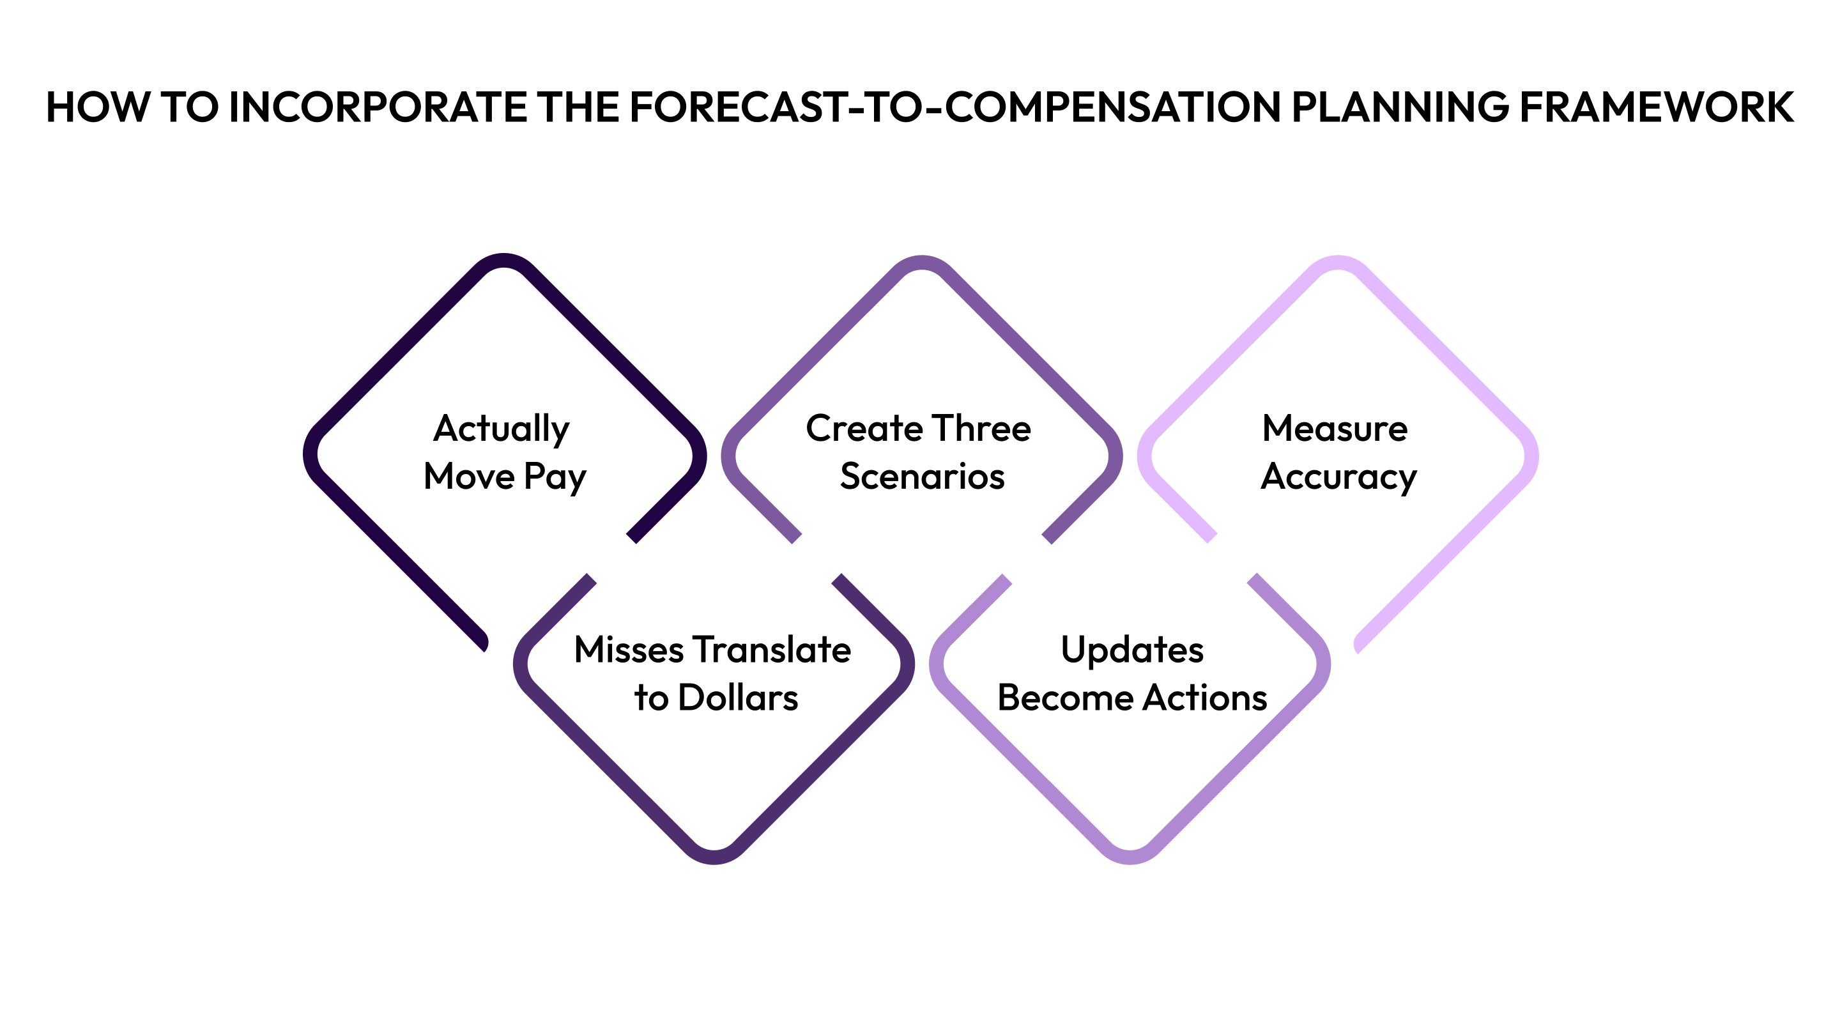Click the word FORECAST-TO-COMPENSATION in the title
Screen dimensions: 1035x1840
tap(955, 107)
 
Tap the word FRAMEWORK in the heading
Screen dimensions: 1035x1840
tap(1656, 107)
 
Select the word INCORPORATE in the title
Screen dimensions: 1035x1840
tap(377, 107)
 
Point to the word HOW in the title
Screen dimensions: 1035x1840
tap(98, 107)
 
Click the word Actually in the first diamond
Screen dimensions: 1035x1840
tap(502, 429)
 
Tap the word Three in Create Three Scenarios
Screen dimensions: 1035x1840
tap(981, 429)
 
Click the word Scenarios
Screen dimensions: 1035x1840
tap(921, 477)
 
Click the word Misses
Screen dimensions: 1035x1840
tap(629, 650)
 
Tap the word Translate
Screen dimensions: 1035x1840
tap(772, 650)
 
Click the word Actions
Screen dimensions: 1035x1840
tap(1204, 698)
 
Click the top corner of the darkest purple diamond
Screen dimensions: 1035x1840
tap(504, 260)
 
